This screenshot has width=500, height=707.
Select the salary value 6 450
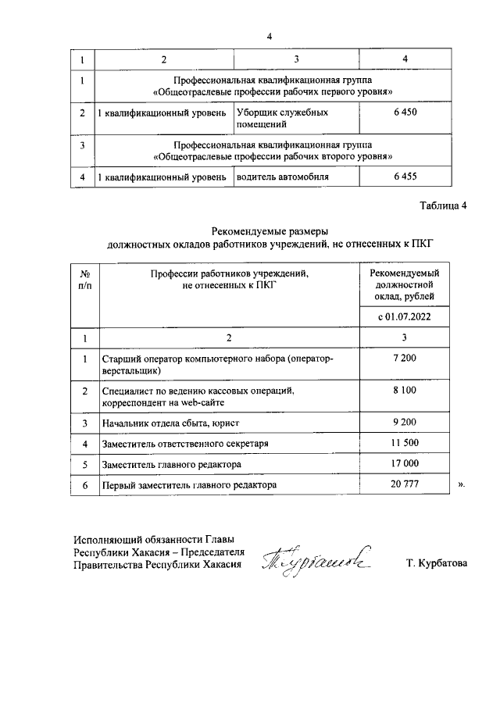(x=405, y=113)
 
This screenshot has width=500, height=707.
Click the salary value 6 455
(x=405, y=177)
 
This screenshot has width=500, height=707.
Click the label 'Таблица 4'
(x=442, y=206)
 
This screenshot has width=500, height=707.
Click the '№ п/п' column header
(x=85, y=280)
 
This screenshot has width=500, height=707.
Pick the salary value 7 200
(x=405, y=358)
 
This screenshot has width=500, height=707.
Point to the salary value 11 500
(x=405, y=444)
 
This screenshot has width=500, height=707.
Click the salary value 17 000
(x=405, y=464)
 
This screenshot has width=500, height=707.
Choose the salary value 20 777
(x=405, y=485)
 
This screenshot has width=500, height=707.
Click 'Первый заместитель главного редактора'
(x=190, y=485)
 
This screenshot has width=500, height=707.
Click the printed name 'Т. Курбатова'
(x=437, y=563)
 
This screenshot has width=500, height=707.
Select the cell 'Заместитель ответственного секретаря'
(x=185, y=444)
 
